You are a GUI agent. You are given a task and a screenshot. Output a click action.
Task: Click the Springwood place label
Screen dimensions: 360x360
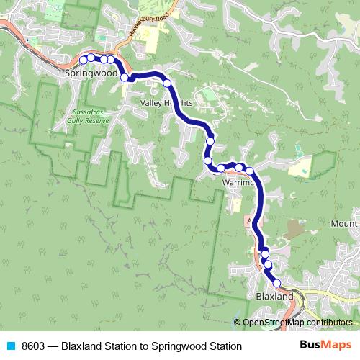point(90,73)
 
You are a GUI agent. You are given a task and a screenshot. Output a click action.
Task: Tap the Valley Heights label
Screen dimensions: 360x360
point(165,104)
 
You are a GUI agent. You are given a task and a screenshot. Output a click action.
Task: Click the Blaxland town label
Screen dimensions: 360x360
point(275,297)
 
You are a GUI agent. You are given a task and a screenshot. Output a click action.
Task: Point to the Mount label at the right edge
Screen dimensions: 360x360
point(344,224)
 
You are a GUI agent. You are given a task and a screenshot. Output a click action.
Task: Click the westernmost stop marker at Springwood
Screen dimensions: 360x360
point(84,59)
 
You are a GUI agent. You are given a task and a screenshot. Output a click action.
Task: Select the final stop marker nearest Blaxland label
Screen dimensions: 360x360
point(276,284)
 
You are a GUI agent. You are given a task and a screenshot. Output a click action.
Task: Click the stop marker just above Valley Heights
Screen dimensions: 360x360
point(168,84)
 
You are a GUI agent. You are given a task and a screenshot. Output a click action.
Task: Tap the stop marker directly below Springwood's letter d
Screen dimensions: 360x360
point(125,77)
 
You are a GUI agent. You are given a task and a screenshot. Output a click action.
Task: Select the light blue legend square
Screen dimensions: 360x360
point(10,346)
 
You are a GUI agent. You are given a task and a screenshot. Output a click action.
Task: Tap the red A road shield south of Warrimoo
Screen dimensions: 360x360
point(249,219)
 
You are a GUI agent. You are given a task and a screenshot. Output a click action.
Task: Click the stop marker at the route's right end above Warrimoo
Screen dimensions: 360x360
point(251,171)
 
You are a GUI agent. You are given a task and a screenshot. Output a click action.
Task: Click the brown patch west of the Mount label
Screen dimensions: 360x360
point(294,230)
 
